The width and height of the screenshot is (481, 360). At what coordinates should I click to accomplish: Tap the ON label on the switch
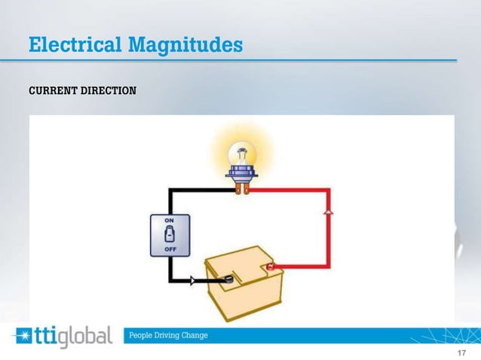pyautogui.click(x=171, y=219)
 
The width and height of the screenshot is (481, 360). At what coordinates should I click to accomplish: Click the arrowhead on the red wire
pyautogui.click(x=328, y=214)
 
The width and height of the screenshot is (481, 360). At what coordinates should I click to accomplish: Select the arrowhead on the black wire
pyautogui.click(x=191, y=280)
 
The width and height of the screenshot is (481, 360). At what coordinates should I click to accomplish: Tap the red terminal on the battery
pyautogui.click(x=271, y=266)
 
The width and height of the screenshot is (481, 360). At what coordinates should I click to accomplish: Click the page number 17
pyautogui.click(x=462, y=352)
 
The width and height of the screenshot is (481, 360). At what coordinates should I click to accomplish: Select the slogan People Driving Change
pyautogui.click(x=170, y=334)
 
